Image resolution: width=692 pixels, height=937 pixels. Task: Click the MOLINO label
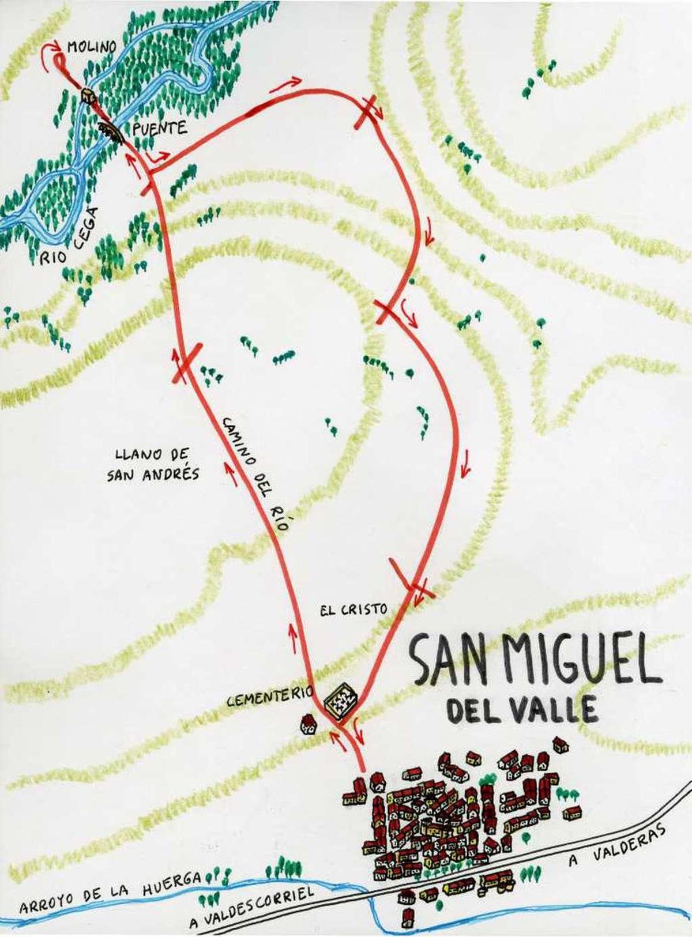pyautogui.click(x=92, y=47)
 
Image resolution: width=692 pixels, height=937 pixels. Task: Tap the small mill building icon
pyautogui.click(x=88, y=95)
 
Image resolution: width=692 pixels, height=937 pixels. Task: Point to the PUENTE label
pyautogui.click(x=160, y=127)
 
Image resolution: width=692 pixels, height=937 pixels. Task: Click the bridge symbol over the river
pyautogui.click(x=112, y=132)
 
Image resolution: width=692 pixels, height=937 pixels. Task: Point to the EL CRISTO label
pyautogui.click(x=352, y=609)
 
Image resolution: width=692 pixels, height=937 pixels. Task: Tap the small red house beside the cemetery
pyautogui.click(x=309, y=724)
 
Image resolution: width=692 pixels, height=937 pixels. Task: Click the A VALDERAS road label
pyautogui.click(x=618, y=845)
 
